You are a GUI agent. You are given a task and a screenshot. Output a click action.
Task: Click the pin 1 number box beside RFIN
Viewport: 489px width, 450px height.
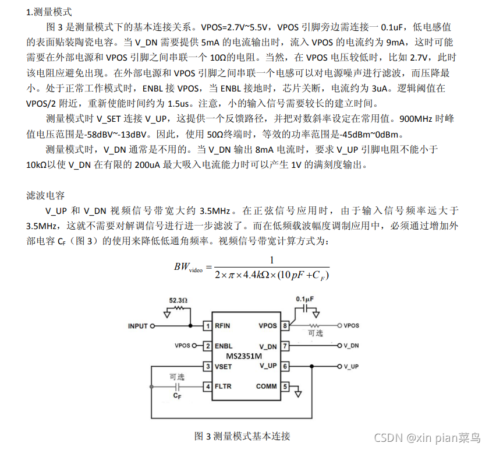click(207, 326)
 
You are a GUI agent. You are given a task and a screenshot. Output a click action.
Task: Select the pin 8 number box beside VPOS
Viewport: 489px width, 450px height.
click(285, 326)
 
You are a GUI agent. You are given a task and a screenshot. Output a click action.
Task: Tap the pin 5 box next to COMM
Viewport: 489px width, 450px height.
click(285, 386)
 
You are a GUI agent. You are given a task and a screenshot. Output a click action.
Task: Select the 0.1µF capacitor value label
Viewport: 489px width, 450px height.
click(304, 299)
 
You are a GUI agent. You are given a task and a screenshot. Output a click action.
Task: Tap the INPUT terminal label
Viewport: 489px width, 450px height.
click(138, 326)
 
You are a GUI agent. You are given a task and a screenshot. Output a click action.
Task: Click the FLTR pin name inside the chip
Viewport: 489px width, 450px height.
click(224, 386)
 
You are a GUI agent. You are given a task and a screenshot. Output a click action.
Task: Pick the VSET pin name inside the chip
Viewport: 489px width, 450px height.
click(224, 366)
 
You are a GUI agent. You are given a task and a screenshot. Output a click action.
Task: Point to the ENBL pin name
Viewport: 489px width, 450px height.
click(224, 346)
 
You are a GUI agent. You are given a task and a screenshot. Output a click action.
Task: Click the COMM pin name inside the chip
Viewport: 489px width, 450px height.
click(267, 386)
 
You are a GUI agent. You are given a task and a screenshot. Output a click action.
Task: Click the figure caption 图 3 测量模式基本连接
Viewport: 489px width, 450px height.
click(242, 436)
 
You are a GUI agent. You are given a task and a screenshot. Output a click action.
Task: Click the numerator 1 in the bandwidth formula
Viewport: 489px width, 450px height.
click(271, 260)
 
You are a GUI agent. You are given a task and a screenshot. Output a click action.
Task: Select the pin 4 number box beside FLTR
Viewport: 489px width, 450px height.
click(207, 386)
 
